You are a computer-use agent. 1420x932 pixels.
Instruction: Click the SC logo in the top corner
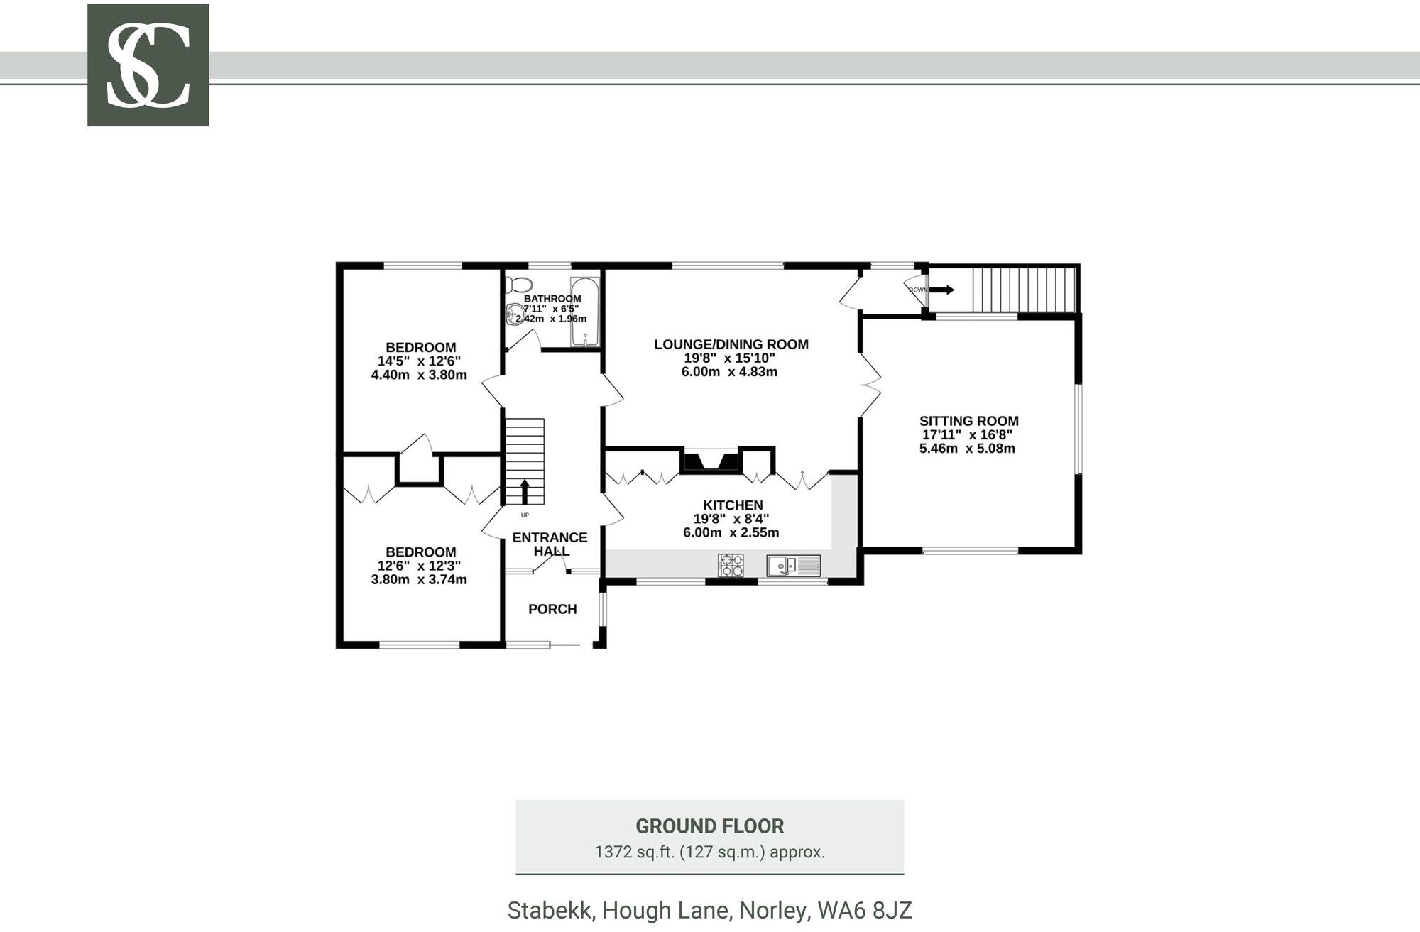click(148, 65)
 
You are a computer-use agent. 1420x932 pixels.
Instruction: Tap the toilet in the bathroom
click(518, 284)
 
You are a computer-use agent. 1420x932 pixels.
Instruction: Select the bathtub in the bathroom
click(585, 313)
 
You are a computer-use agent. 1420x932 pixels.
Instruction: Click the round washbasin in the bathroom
click(515, 313)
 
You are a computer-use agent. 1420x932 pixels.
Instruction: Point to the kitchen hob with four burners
click(731, 565)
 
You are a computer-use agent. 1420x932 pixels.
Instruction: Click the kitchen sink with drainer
click(793, 566)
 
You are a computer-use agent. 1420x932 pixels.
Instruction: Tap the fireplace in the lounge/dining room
click(710, 461)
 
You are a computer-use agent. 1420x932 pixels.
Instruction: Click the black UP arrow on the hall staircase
click(525, 491)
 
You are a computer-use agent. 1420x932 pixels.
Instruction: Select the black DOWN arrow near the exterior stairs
click(942, 290)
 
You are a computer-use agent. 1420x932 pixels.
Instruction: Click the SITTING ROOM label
click(968, 421)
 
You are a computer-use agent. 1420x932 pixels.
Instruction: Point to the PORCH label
click(552, 609)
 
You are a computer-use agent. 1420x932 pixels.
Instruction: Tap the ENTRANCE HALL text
click(550, 544)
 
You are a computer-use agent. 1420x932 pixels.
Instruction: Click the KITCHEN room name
click(733, 505)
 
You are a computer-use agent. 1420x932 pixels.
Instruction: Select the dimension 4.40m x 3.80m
click(419, 375)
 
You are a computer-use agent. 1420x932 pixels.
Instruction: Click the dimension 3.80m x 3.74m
click(419, 579)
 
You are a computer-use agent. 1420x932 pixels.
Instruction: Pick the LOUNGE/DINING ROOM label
click(731, 344)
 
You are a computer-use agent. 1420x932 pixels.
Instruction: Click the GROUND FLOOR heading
click(709, 826)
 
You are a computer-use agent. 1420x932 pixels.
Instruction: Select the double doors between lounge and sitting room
click(869, 384)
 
